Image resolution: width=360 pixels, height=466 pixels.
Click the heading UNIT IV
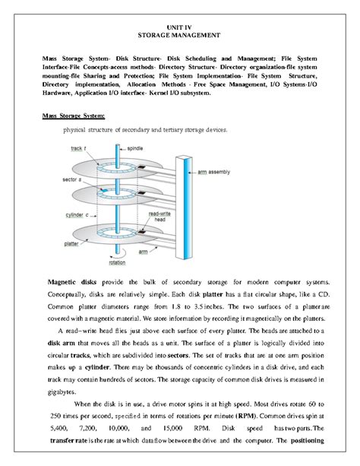[x=179, y=27]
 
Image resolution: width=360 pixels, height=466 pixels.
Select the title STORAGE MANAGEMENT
[x=179, y=36]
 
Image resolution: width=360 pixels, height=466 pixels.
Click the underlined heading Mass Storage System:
[x=73, y=116]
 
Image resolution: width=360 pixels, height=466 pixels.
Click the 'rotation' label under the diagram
[x=118, y=262]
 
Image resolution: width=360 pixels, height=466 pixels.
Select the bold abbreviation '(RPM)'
[x=257, y=417]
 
